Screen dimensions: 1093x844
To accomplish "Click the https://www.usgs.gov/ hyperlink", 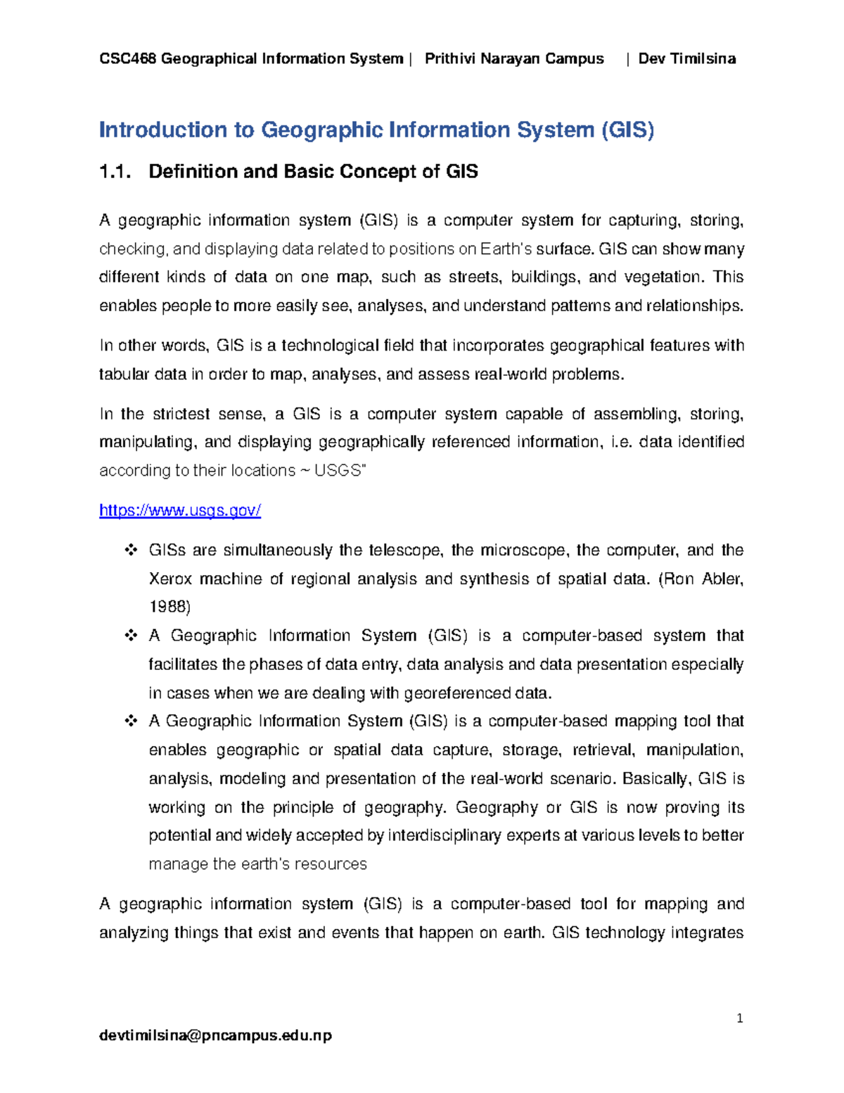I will pyautogui.click(x=180, y=510).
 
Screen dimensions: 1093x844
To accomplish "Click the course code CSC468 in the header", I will pyautogui.click(x=128, y=58).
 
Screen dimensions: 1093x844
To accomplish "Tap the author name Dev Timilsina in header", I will pyautogui.click(x=686, y=58).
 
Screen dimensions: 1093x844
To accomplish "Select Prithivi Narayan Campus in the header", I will pyautogui.click(x=514, y=58).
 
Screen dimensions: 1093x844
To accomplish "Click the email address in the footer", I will pyautogui.click(x=215, y=1035).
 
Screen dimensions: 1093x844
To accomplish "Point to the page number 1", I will pyautogui.click(x=740, y=1018).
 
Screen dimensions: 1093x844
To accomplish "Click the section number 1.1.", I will pyautogui.click(x=115, y=172).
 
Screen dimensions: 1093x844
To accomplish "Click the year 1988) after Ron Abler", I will pyautogui.click(x=170, y=607).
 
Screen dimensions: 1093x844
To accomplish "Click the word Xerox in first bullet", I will pyautogui.click(x=170, y=579).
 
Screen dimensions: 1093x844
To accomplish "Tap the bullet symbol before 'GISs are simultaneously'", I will pyautogui.click(x=131, y=550).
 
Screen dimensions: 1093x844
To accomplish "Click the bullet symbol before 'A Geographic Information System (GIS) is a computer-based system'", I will pyautogui.click(x=131, y=636).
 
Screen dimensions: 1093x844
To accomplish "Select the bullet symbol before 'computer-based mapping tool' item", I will pyautogui.click(x=131, y=721).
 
